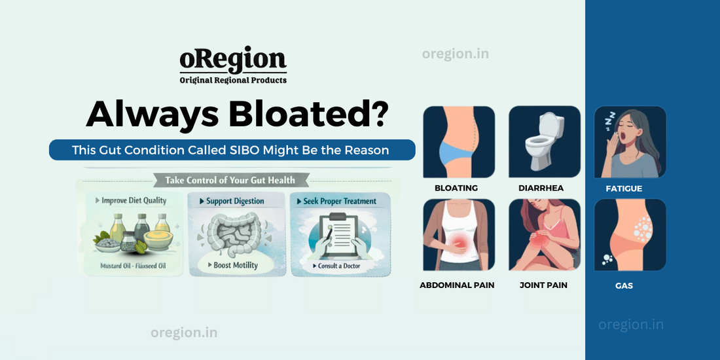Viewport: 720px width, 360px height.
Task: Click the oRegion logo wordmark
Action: click(x=233, y=60)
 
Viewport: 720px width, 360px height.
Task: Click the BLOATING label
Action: click(x=456, y=189)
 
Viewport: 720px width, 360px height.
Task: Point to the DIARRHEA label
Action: click(x=541, y=189)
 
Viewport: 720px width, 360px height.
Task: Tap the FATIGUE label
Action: click(x=624, y=189)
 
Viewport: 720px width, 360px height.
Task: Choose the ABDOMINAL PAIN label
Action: click(x=457, y=285)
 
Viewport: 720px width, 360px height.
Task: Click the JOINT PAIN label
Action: click(x=543, y=285)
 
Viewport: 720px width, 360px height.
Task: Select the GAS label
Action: click(x=624, y=286)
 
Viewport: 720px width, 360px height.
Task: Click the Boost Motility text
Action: click(x=236, y=265)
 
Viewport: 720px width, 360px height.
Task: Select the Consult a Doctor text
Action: click(x=340, y=266)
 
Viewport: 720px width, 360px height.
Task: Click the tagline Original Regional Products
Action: click(x=233, y=80)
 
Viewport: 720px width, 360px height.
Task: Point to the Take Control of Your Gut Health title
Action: click(x=230, y=180)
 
